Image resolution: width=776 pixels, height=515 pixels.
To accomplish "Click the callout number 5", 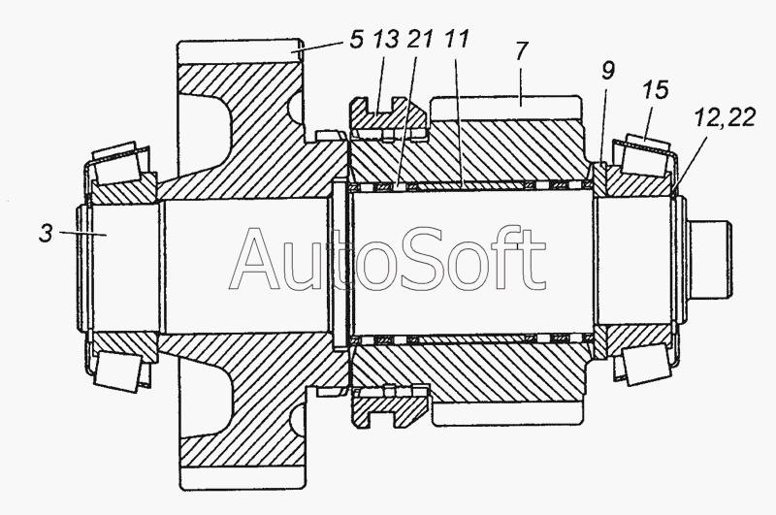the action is click(x=356, y=40).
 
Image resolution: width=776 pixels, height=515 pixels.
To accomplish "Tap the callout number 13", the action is click(x=385, y=40).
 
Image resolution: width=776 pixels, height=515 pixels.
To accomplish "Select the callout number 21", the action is click(x=420, y=40).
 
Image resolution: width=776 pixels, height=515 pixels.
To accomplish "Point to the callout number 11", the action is click(x=456, y=40).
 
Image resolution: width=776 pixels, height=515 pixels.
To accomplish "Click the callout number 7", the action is click(x=522, y=51).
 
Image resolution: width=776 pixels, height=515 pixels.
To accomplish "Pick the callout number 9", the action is click(x=608, y=71).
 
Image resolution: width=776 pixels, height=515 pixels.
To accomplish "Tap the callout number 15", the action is click(x=657, y=91).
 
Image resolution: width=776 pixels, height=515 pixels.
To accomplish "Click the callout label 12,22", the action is click(x=725, y=118).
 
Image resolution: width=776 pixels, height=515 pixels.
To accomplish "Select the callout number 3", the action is click(x=46, y=234).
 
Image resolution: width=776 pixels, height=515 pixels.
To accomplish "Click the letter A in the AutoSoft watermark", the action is click(x=258, y=258).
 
